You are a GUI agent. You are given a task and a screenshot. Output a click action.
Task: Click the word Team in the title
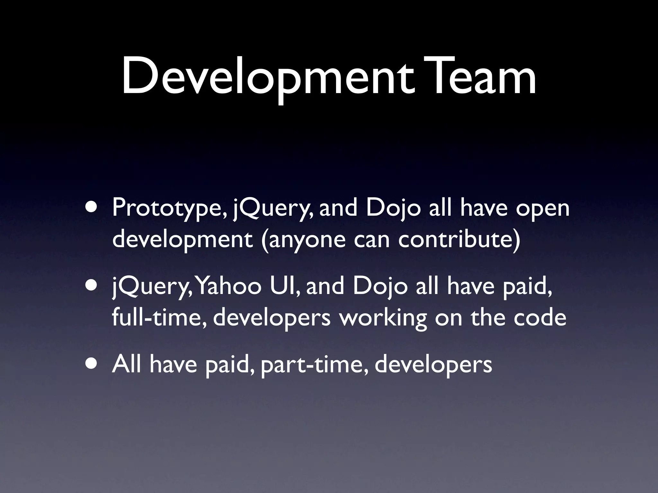(x=478, y=77)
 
